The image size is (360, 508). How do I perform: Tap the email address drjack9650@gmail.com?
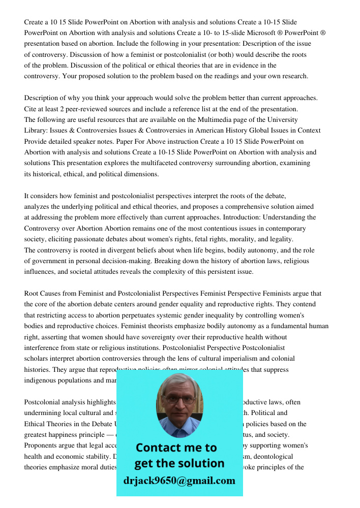pyautogui.click(x=179, y=480)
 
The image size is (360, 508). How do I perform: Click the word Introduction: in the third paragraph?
pyautogui.click(x=243, y=217)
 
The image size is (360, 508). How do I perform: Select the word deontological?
pyautogui.click(x=284, y=457)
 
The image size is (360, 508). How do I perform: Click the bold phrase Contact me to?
pyautogui.click(x=176, y=448)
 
